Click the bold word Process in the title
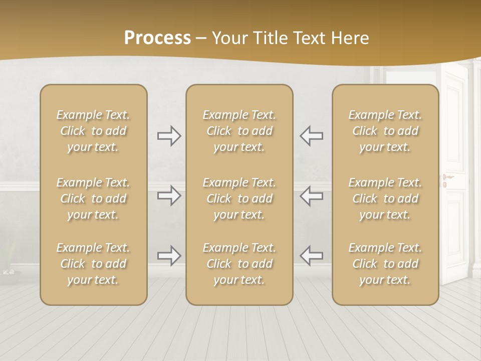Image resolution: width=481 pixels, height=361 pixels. (x=157, y=38)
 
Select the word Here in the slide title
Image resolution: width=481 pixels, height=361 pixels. (x=349, y=38)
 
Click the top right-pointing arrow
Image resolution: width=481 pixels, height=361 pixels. (x=169, y=136)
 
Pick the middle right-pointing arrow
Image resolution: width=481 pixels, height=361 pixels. (x=169, y=196)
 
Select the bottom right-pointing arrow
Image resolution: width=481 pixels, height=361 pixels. (x=169, y=256)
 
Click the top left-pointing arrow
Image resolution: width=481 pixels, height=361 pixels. (x=312, y=136)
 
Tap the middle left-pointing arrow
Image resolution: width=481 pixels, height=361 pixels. (x=312, y=196)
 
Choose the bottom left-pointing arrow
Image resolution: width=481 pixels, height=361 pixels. (x=312, y=256)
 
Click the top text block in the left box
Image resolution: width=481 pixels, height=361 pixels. (x=93, y=131)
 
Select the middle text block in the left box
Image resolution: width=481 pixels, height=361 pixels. (x=93, y=199)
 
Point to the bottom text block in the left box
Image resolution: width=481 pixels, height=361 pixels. (x=93, y=264)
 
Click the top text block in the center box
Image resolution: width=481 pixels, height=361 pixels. (x=239, y=131)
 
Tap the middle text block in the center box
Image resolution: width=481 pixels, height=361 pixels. (x=239, y=199)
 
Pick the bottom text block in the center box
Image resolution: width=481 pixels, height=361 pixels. (x=239, y=264)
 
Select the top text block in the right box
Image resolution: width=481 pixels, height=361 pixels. (x=385, y=131)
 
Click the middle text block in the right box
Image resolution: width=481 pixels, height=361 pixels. (x=385, y=199)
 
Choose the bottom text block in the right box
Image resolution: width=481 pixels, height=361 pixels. (x=385, y=264)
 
